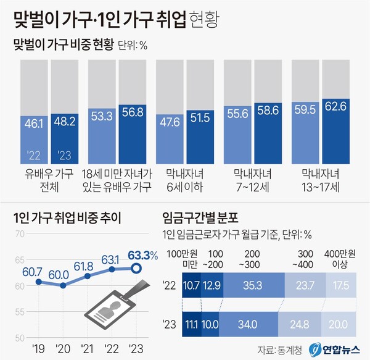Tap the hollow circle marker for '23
click(x=138, y=268)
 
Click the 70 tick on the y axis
click(x=19, y=233)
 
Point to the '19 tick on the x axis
click(x=38, y=348)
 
